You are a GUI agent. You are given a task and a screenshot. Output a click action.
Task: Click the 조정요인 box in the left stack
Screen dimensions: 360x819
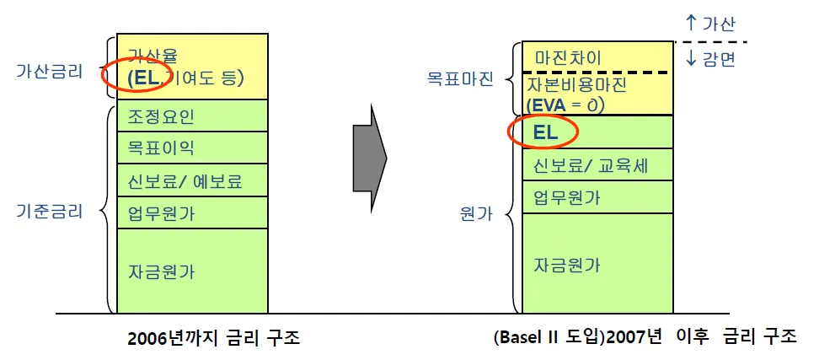coord(192,116)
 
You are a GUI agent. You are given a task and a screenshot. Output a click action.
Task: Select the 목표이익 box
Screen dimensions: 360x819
coord(192,148)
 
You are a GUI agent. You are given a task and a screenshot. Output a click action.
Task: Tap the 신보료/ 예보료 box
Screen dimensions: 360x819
coord(192,180)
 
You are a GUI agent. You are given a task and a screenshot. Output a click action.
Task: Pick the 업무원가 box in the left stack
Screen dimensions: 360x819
coord(192,212)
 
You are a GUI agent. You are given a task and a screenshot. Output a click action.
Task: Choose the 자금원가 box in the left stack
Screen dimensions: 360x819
coord(192,271)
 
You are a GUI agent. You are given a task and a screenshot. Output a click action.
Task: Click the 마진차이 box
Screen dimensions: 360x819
coord(597,57)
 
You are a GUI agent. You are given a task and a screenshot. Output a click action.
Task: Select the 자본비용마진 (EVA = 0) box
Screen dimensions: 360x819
coord(597,94)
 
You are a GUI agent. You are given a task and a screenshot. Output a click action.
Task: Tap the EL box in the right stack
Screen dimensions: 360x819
coord(597,132)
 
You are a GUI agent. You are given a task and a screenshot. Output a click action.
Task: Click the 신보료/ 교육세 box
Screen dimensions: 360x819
coord(597,164)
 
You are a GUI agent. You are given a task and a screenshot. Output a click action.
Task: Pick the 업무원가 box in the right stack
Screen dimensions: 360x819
coord(597,197)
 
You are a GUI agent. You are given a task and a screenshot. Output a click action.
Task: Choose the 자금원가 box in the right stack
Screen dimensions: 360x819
coord(597,263)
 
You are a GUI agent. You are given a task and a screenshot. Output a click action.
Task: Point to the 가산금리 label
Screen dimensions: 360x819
coord(50,72)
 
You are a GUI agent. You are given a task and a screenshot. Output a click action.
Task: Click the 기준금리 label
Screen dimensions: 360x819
coord(50,211)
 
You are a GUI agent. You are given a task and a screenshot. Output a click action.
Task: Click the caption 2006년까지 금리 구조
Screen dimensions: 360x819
coord(214,338)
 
